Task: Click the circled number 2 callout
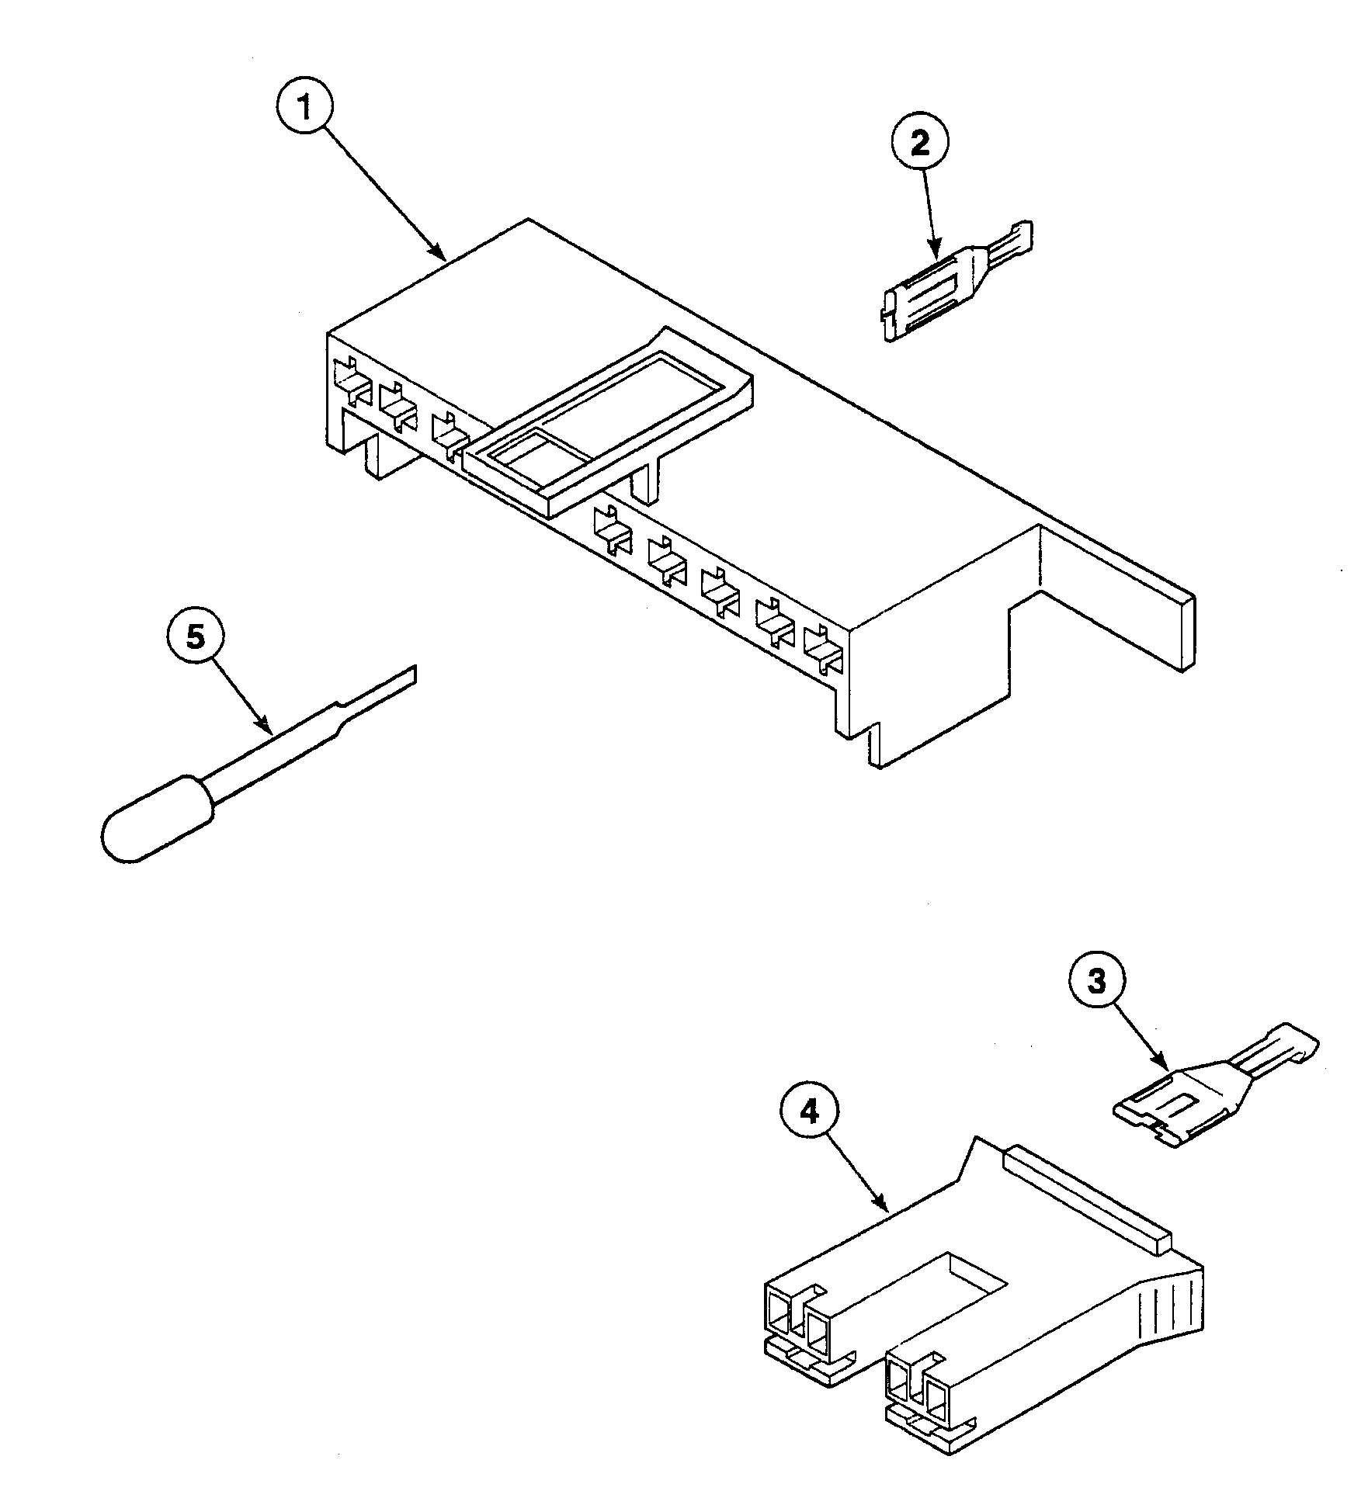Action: coord(918,145)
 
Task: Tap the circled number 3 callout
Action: coord(1095,982)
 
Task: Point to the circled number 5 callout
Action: coord(196,637)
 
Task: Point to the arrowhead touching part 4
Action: coord(883,1208)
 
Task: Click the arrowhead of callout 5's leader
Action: coord(268,730)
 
